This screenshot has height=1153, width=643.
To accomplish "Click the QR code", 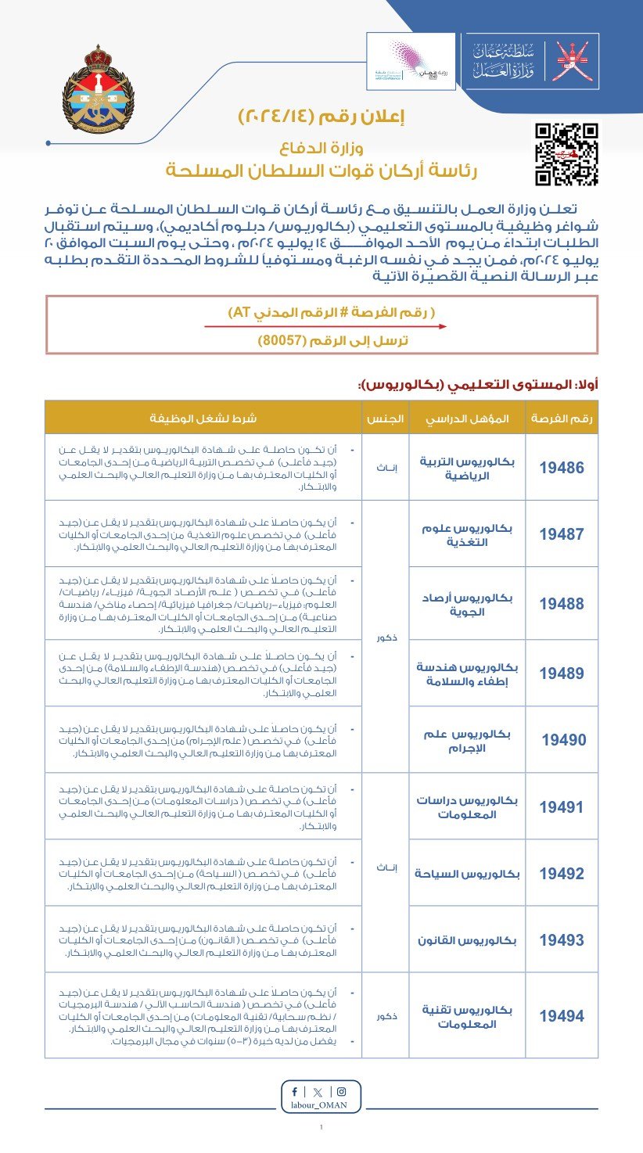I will click(x=566, y=154).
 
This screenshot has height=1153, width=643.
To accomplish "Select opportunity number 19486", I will click(x=562, y=468).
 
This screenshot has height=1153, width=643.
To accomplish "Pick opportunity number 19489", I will click(x=562, y=673).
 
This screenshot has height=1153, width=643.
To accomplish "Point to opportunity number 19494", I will click(x=562, y=1016).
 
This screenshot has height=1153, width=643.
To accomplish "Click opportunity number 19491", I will click(x=562, y=807).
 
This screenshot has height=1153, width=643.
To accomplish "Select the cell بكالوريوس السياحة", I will click(x=467, y=873).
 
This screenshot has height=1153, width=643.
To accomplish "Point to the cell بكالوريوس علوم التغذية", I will click(x=467, y=534).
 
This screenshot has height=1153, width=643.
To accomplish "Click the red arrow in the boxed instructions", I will click(x=325, y=327).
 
